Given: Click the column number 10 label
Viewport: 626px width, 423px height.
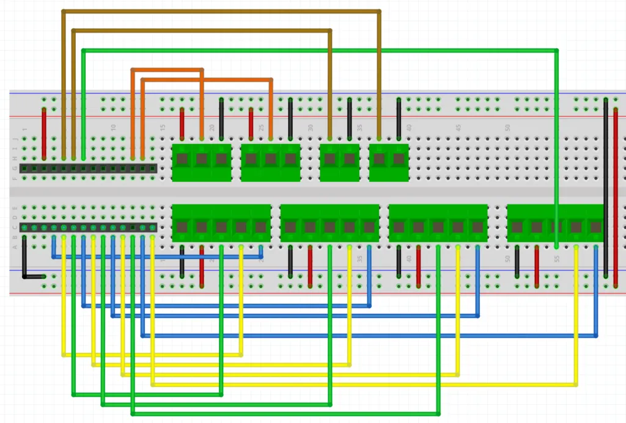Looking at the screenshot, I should (113, 128).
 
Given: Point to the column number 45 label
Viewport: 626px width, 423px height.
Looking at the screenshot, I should (458, 128).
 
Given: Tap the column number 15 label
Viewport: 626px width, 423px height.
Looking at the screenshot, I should (163, 128).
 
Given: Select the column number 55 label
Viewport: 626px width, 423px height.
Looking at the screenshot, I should (557, 259).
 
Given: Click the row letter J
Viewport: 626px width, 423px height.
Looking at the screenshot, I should (15, 139).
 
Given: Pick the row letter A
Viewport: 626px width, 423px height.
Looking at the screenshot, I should (15, 247).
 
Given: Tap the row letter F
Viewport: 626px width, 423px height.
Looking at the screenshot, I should (15, 178).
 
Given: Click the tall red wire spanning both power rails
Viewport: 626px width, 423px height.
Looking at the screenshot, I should (616, 195).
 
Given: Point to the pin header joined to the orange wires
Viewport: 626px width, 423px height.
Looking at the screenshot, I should (88, 168).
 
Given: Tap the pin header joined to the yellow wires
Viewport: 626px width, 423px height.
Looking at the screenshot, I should (88, 228).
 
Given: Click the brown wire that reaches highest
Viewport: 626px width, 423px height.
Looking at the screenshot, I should (220, 11).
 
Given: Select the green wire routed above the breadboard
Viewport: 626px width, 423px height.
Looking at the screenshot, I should (318, 50).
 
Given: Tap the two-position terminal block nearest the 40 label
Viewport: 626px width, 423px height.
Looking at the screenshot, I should (389, 162).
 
